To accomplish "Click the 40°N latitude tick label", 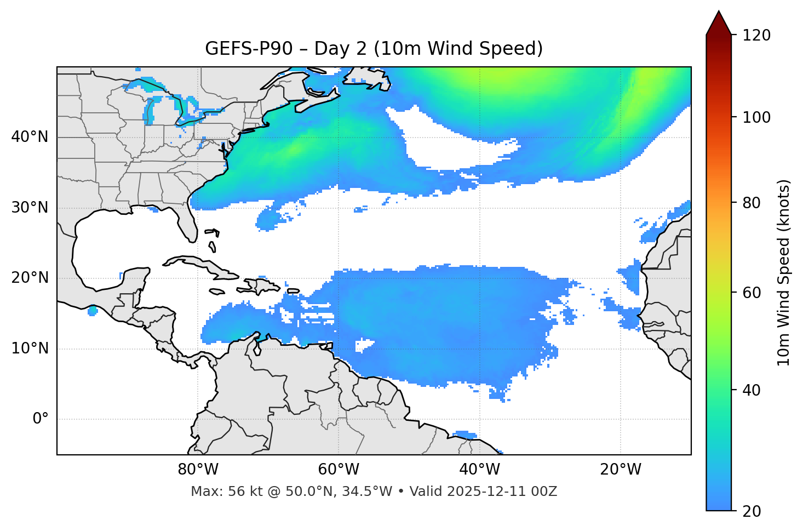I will [30, 137].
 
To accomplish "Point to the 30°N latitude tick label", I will [30, 208].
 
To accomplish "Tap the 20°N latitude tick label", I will [30, 278].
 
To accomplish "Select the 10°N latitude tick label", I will [30, 349].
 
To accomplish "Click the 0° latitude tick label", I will [41, 419].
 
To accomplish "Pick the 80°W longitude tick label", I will [198, 470].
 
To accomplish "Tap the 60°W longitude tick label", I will [339, 470].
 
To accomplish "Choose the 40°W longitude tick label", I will [479, 470].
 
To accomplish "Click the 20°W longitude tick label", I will [621, 470].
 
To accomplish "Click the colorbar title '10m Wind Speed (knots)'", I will [784, 272].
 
